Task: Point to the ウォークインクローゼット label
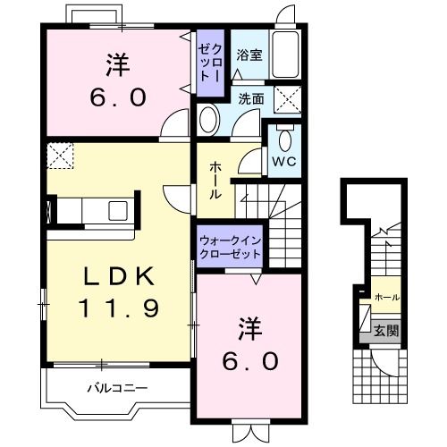(x=230, y=247)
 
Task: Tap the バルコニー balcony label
(x=117, y=388)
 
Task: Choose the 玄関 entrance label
(x=386, y=330)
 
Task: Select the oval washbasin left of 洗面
(x=208, y=119)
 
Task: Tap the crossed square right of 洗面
(x=286, y=98)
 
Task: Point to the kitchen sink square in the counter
(x=118, y=211)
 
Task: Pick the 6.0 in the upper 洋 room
(x=116, y=96)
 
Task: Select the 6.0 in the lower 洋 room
(x=251, y=361)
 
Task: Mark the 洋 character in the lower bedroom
(x=251, y=328)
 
